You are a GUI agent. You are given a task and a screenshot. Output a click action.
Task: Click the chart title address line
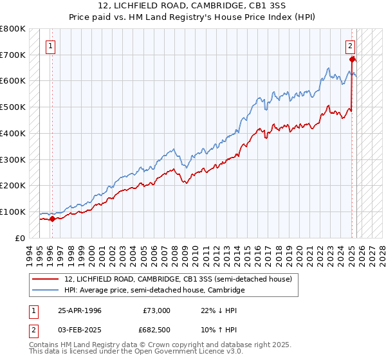coord(192,6)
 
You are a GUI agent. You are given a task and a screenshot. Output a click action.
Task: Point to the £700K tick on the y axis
coord(13,55)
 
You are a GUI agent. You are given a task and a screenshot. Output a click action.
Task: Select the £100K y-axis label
coord(13,212)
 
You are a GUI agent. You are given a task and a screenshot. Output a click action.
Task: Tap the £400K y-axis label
coord(13,133)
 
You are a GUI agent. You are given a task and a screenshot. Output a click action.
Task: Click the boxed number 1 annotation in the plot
coord(50,46)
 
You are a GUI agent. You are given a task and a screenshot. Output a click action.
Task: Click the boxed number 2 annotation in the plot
coord(350,46)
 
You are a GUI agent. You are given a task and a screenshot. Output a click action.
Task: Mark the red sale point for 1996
coord(53,219)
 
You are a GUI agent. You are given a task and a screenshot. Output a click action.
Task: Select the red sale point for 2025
coord(353,59)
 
